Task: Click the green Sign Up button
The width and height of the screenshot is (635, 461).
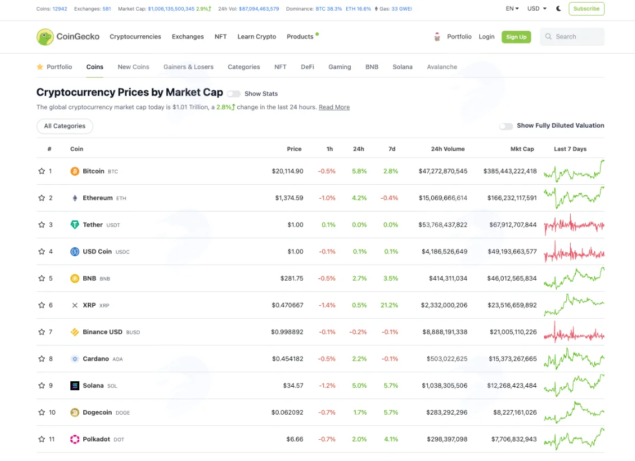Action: click(x=516, y=37)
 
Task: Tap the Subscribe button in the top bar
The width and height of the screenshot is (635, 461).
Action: click(x=586, y=8)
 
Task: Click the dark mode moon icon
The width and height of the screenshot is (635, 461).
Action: click(x=558, y=8)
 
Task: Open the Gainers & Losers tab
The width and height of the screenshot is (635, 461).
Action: click(x=188, y=67)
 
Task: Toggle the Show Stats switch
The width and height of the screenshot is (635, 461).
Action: click(x=233, y=94)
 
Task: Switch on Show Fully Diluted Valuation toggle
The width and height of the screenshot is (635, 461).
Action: click(x=506, y=126)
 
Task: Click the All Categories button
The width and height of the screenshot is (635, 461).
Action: click(x=65, y=126)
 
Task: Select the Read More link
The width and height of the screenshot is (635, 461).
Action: click(x=334, y=107)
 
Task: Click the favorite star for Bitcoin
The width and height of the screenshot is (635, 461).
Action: click(x=41, y=171)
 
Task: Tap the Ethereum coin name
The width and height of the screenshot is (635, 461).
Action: click(x=98, y=198)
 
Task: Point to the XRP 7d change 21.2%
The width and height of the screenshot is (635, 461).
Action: click(x=389, y=305)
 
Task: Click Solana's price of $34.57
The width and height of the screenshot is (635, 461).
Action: click(x=293, y=386)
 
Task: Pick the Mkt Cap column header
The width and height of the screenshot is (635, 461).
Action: click(x=522, y=149)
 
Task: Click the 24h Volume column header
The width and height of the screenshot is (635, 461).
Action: click(x=447, y=149)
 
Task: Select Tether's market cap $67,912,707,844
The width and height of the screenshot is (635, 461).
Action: click(x=513, y=224)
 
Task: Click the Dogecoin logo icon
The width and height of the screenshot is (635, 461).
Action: click(x=74, y=412)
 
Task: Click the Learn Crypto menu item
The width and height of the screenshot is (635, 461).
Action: click(x=257, y=36)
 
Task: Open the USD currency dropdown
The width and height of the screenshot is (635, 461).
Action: click(x=537, y=8)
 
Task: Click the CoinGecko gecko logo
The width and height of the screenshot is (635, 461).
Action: click(x=45, y=37)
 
